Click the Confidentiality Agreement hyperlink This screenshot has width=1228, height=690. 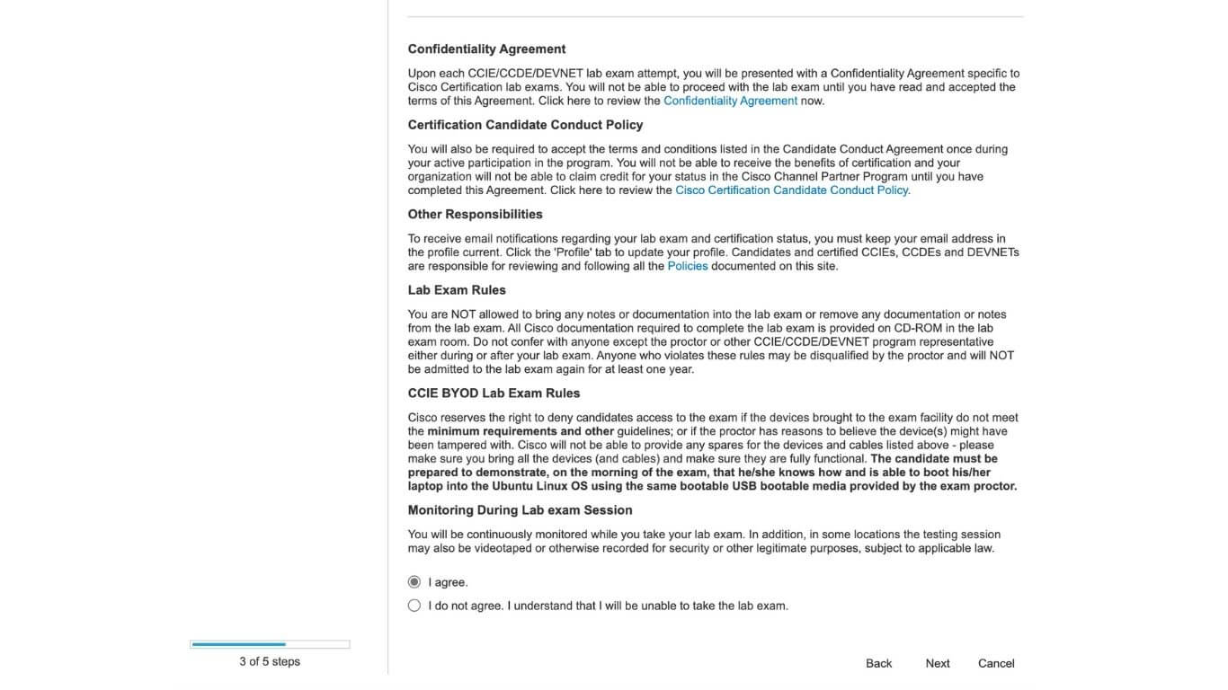(x=730, y=101)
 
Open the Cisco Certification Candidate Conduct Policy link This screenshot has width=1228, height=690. (x=791, y=190)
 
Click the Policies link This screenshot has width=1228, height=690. (x=687, y=266)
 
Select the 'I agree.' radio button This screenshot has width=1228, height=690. (x=414, y=582)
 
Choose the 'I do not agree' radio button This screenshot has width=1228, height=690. (x=414, y=606)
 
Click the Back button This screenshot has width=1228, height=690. (x=878, y=663)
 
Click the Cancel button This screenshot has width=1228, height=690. (x=996, y=663)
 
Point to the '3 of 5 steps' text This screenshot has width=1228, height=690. (x=270, y=661)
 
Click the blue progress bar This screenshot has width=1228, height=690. (x=239, y=644)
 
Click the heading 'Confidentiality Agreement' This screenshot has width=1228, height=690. (x=486, y=49)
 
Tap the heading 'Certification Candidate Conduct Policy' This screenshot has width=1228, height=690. (x=525, y=125)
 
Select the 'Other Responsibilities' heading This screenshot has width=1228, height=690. (x=475, y=214)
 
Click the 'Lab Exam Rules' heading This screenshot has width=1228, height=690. (x=457, y=290)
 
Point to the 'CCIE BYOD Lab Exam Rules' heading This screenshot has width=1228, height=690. (x=494, y=394)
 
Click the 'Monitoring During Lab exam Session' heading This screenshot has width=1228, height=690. (x=520, y=510)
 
